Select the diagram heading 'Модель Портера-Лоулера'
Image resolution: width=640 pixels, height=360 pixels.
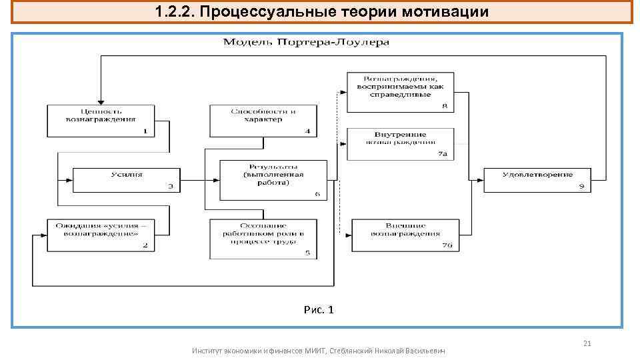point(306,43)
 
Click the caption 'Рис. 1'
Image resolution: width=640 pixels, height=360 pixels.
point(319,310)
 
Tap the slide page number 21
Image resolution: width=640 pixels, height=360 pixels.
point(587,343)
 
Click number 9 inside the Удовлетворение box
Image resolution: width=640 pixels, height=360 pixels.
point(581,187)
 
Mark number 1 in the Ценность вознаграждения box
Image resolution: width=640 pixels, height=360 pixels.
point(145,131)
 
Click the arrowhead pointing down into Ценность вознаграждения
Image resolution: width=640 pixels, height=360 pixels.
point(100,100)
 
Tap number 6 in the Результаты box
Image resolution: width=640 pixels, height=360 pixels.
point(317,195)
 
